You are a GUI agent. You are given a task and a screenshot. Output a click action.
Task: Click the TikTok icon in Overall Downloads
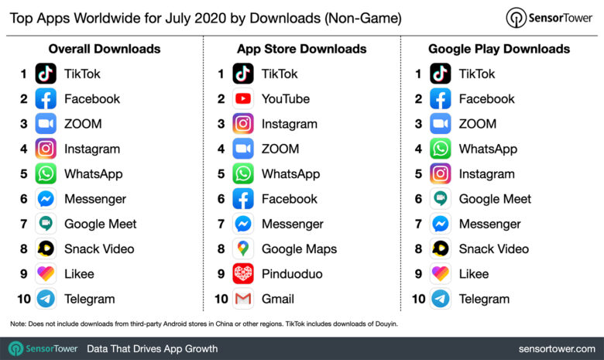pos(46,74)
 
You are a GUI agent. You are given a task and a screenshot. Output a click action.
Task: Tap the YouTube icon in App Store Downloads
pos(243,99)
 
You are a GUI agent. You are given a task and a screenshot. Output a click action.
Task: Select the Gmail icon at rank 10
pos(243,299)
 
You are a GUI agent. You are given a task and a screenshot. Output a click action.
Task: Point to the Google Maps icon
pos(243,249)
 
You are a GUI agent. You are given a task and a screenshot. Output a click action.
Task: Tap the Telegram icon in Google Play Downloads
pos(441,299)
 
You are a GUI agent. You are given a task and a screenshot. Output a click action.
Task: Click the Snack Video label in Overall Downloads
pos(99,249)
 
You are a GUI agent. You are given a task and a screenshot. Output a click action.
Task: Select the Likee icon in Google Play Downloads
pos(441,274)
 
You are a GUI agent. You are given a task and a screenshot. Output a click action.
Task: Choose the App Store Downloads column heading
pos(301,49)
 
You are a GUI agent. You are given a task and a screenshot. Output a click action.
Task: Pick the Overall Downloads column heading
pos(105,49)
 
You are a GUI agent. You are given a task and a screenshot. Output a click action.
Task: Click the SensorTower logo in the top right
pos(550,18)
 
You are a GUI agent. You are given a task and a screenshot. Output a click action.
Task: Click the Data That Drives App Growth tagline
pos(152,348)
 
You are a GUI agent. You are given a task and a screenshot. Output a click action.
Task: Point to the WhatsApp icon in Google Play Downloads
pos(441,149)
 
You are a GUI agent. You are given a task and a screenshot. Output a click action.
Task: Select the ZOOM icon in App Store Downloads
pos(243,149)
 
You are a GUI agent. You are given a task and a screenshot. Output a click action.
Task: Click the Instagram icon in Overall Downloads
pos(46,149)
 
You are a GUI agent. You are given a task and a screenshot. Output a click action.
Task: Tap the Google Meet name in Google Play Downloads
pos(495,199)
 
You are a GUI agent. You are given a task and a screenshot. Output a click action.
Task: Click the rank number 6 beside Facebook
pos(221,199)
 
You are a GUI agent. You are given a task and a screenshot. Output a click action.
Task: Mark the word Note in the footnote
pos(18,323)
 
